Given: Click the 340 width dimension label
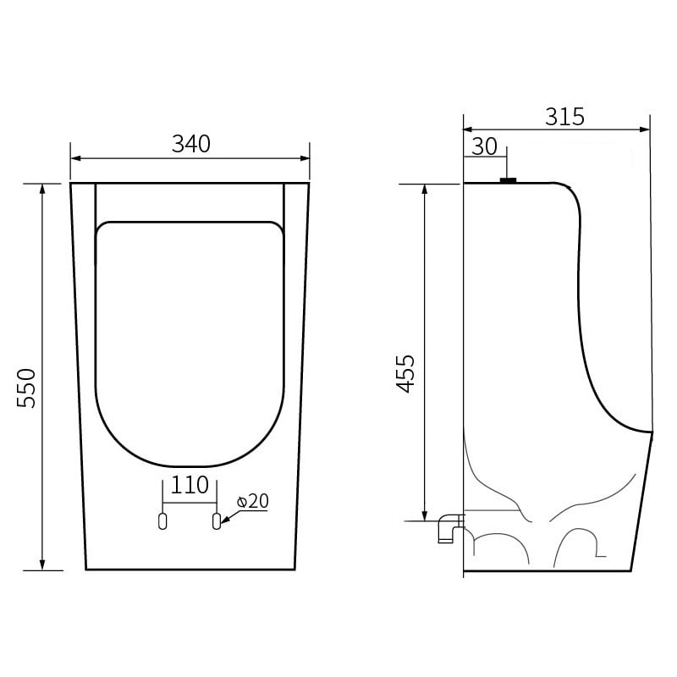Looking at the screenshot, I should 190,144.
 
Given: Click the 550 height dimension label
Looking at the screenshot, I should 27,388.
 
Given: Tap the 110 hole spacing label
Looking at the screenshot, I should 190,485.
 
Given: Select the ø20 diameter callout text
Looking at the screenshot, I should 253,501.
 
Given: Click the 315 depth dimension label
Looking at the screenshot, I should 564,117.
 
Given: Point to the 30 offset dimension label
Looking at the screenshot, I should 484,146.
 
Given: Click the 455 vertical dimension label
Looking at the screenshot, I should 406,372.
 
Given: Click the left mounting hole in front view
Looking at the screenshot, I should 163,521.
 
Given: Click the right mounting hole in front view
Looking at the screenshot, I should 216,521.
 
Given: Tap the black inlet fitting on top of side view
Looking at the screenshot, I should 508,179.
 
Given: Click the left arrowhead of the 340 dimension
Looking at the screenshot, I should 74,157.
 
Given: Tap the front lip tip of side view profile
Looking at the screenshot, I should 652,432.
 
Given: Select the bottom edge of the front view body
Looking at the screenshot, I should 190,570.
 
